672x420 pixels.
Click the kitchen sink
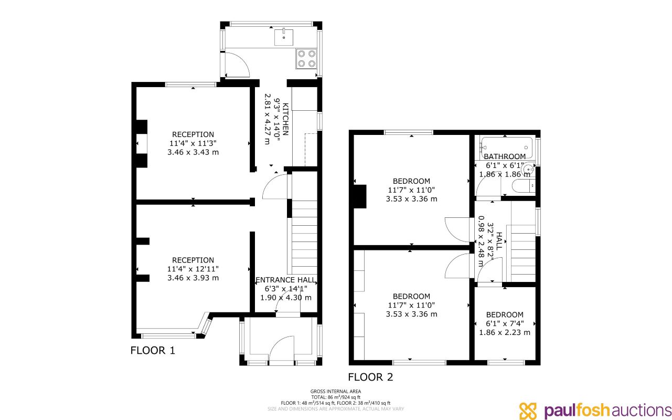[283, 36]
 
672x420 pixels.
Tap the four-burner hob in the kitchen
[306, 58]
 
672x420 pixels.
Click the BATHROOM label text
[504, 156]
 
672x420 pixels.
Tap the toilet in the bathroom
[523, 186]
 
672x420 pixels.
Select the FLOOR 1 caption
[153, 350]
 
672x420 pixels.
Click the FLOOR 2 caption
[370, 376]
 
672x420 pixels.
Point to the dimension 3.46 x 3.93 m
[193, 278]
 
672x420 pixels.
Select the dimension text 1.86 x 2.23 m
[504, 332]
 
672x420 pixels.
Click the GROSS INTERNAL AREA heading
[335, 391]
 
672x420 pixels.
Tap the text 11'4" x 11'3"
[193, 143]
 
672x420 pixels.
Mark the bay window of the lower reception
[204, 325]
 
